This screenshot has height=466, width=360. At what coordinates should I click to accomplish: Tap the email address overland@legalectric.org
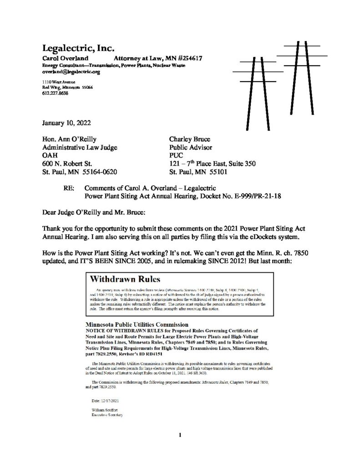71,72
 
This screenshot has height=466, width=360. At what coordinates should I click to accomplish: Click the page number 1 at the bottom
180,435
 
